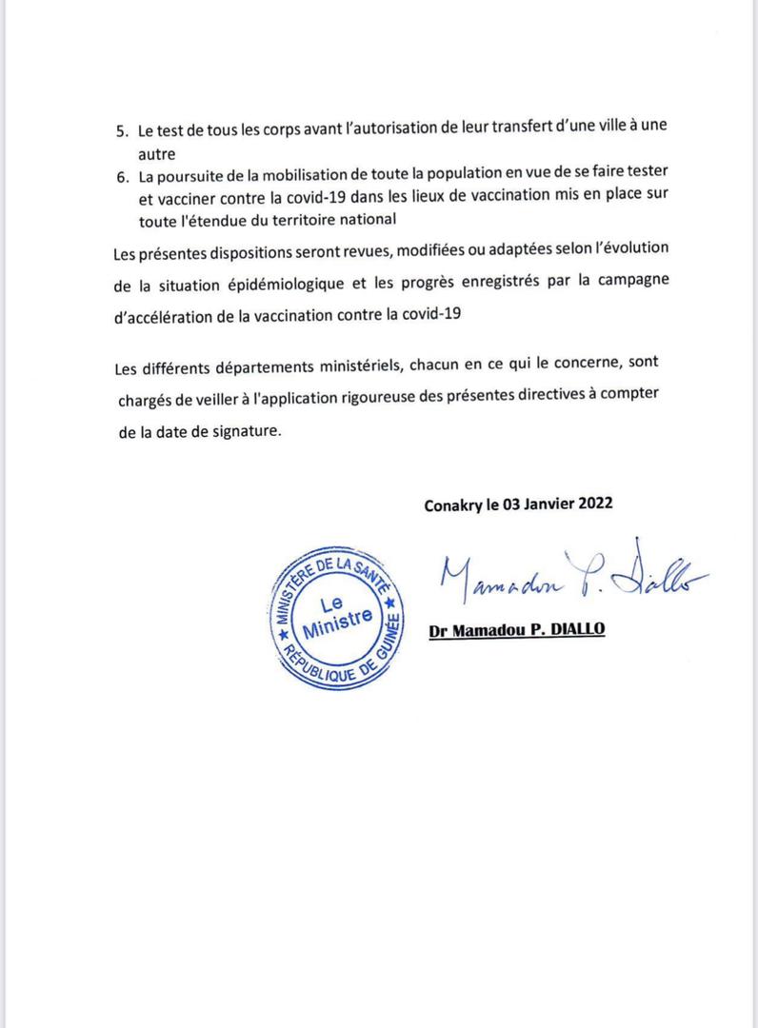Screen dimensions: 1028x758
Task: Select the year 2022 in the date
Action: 593,505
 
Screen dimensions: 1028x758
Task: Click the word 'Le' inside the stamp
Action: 332,603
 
